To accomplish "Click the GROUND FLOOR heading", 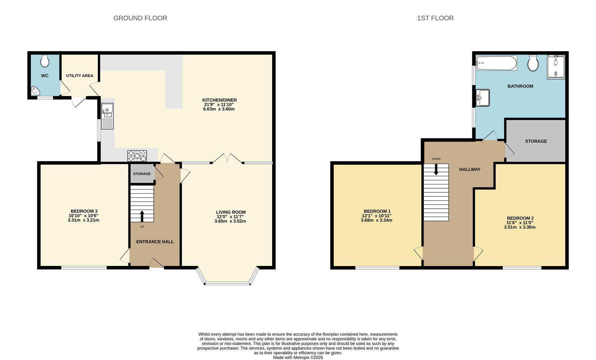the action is coord(140,18).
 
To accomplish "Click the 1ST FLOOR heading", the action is coord(435,18).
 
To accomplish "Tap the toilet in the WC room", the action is coord(45,61).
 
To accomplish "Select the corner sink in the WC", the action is coord(35,91).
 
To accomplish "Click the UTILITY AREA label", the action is coord(80,76).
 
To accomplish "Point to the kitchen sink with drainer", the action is coord(107,116).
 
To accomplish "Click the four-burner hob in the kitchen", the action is coord(137,156).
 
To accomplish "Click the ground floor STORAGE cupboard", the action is coord(142,174).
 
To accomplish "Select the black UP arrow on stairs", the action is coord(142,216).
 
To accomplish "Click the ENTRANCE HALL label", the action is coord(155,242).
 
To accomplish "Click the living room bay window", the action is coord(227,276).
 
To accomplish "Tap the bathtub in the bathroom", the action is coord(497,63).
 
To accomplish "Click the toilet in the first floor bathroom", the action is coord(533,63).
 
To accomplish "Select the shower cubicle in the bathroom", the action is coord(556,67).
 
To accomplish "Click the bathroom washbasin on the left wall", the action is coord(483,98).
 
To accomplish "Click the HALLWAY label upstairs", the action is coord(470,169).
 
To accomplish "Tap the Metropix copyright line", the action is coord(298,357).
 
